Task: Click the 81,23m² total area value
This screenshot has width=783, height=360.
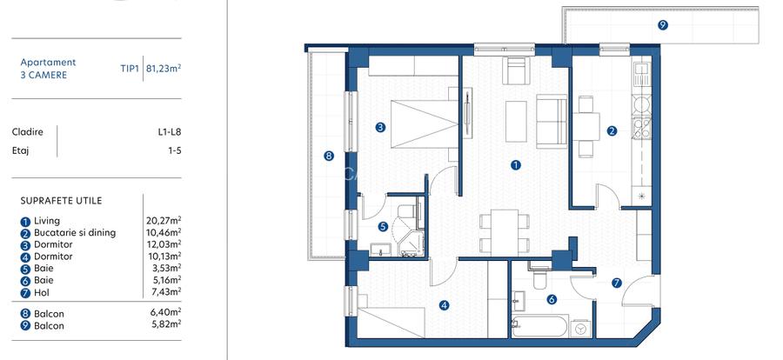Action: click(163, 69)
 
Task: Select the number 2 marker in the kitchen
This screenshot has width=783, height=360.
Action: click(612, 131)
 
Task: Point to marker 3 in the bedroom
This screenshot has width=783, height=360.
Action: click(381, 127)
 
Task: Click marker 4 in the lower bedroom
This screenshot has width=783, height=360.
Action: click(444, 304)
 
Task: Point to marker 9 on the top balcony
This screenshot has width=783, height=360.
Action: click(663, 25)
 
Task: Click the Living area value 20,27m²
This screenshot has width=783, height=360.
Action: click(164, 220)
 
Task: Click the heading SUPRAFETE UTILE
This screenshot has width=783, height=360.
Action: click(61, 201)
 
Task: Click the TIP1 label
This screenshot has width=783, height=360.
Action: click(130, 69)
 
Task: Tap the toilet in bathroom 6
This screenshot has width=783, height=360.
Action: click(538, 278)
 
